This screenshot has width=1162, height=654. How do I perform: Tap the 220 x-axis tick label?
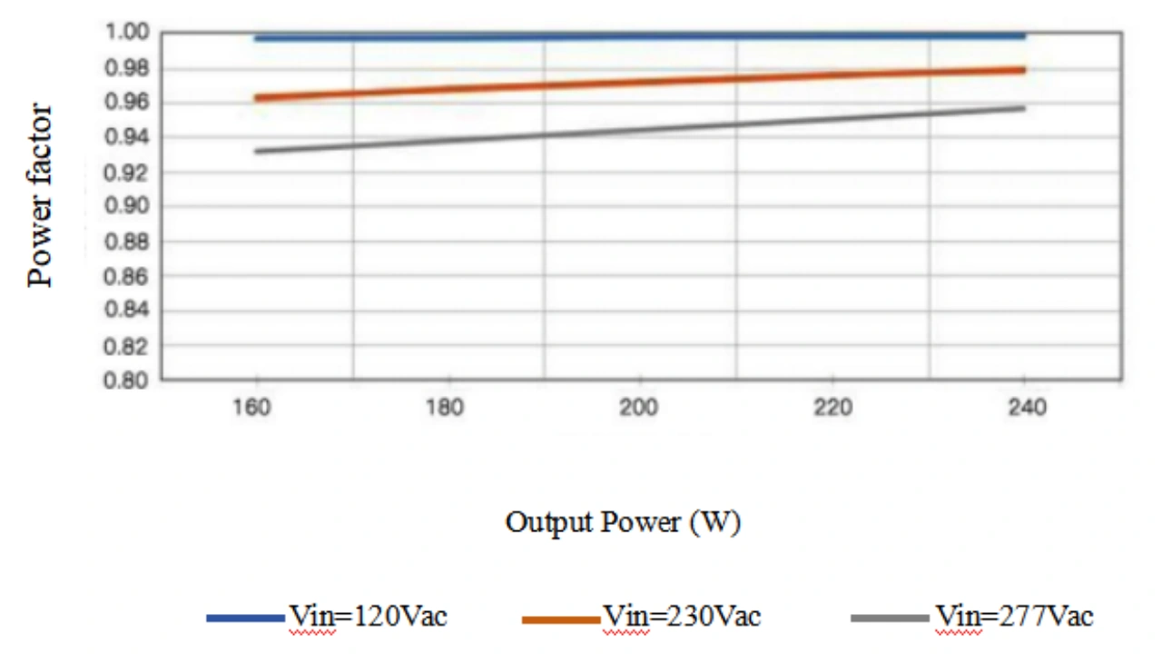click(x=832, y=407)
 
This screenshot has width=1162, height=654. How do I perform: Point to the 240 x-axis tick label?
click(x=1025, y=407)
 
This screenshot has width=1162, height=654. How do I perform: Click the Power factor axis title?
click(x=41, y=196)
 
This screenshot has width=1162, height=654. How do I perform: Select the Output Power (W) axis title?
click(x=623, y=523)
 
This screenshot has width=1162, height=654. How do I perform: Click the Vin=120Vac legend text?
click(x=368, y=617)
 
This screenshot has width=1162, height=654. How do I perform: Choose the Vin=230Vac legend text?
click(x=682, y=617)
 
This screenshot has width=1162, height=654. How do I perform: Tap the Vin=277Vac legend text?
click(x=1014, y=617)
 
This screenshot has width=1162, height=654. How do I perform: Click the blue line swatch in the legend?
click(x=245, y=619)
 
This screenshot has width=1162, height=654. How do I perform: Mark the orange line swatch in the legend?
click(x=560, y=619)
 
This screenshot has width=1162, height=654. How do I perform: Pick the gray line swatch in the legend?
click(x=891, y=619)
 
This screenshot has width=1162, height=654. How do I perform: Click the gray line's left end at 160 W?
click(x=258, y=151)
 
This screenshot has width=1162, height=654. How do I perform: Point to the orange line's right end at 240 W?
click(x=1023, y=70)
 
